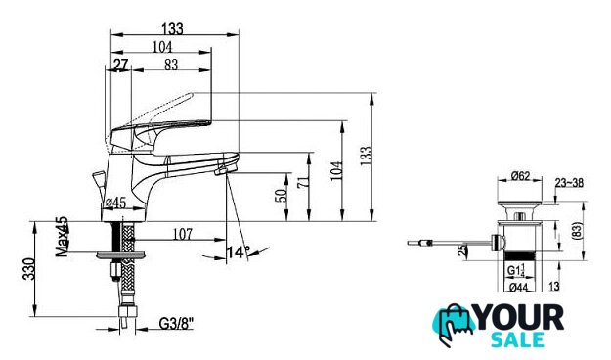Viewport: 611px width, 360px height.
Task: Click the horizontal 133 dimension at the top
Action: (172, 29)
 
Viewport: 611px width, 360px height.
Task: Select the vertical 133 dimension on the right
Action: (366, 156)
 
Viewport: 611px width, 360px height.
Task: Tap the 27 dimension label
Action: (120, 65)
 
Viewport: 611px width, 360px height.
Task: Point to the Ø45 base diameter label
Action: (115, 202)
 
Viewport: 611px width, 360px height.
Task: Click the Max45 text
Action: (62, 237)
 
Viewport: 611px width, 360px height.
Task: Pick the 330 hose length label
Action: (28, 269)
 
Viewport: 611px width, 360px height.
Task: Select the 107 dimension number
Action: (183, 234)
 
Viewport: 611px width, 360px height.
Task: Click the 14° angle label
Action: (239, 252)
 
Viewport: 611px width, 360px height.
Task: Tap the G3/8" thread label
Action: (177, 323)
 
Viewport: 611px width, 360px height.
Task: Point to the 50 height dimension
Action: (283, 195)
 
